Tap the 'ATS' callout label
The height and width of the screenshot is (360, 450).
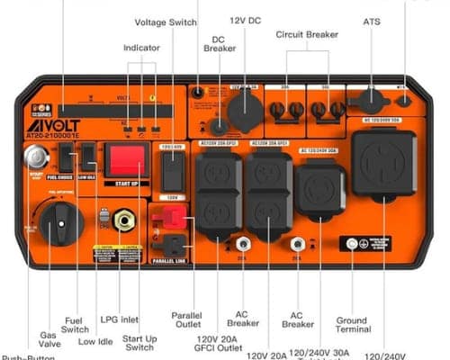pyautogui.click(x=372, y=21)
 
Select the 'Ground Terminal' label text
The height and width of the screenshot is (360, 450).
pyautogui.click(x=351, y=326)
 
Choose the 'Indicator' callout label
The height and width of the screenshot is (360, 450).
pyautogui.click(x=141, y=46)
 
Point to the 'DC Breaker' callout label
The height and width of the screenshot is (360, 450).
pyautogui.click(x=219, y=45)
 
